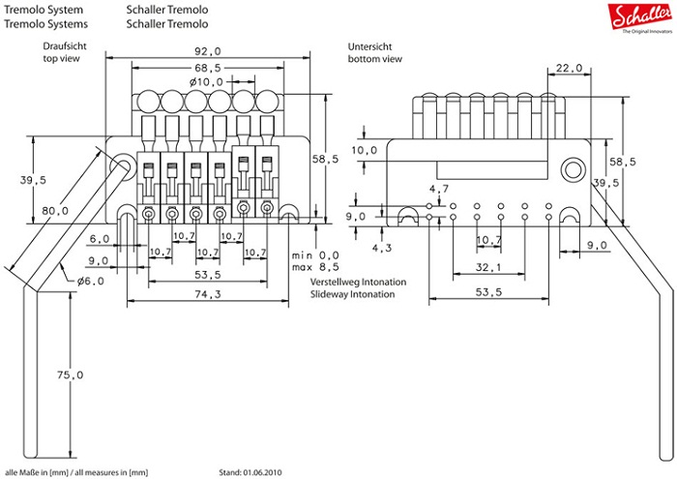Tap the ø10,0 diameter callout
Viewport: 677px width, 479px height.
point(207,82)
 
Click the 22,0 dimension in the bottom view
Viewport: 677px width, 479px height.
point(569,68)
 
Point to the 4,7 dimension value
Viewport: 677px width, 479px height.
point(439,188)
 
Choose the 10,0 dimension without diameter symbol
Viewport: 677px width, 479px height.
point(365,151)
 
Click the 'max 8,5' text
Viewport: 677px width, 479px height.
point(316,266)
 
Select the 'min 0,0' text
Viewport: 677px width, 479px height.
point(316,254)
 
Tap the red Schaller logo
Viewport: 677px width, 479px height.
point(634,15)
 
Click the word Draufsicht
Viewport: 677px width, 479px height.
point(64,46)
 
